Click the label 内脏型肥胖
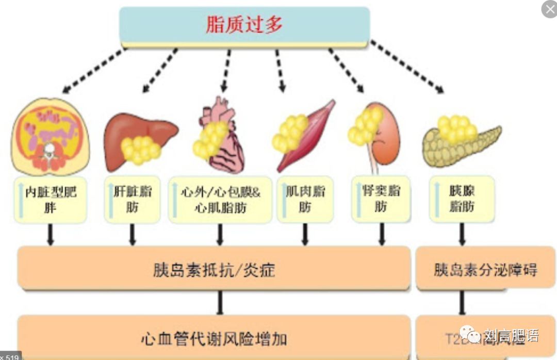[51, 200]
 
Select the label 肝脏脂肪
[133, 200]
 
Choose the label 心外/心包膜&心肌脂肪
[221, 200]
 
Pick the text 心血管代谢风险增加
[214, 339]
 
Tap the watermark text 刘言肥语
[511, 336]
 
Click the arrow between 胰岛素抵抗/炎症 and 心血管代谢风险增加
[220, 302]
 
